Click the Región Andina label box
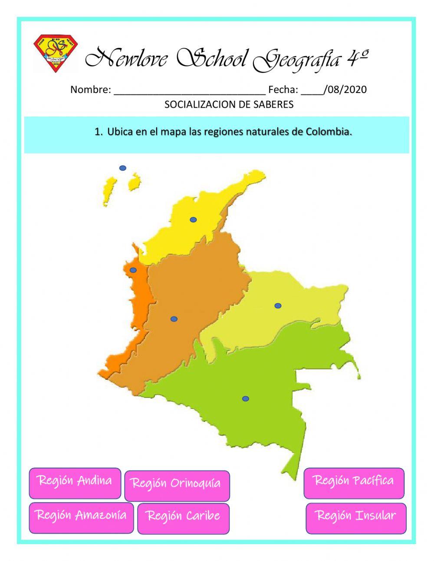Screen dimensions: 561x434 click(75, 483)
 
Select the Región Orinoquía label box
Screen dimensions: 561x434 click(177, 485)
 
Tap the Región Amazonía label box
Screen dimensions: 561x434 click(81, 517)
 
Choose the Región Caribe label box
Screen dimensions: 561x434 click(183, 518)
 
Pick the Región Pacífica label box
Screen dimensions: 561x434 click(354, 483)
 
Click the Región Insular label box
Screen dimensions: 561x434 click(356, 518)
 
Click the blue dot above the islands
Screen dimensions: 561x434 click(123, 168)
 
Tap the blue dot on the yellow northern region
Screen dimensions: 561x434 click(193, 219)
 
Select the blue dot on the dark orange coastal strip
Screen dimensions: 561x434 click(133, 270)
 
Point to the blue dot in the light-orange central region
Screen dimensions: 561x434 click(174, 319)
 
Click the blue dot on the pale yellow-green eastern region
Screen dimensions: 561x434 click(278, 305)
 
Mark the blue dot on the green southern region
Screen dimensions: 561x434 click(246, 398)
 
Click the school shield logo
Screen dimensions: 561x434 click(55, 53)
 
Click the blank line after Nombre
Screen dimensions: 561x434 click(190, 90)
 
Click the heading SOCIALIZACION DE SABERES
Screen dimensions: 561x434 click(229, 104)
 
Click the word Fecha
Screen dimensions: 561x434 click(283, 90)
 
